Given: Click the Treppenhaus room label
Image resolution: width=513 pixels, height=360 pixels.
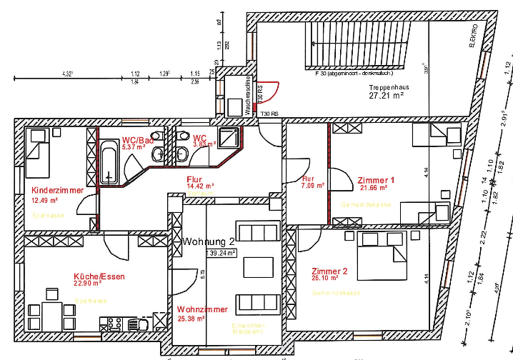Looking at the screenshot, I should click(x=389, y=86).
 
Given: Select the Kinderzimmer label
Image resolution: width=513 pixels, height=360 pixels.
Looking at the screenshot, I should click(x=57, y=191).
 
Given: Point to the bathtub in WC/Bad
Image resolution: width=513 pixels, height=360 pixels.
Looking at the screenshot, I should click(x=109, y=161).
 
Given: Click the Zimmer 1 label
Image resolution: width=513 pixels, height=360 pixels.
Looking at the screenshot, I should click(x=376, y=180).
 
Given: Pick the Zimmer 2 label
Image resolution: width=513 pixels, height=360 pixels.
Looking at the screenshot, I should click(x=329, y=271).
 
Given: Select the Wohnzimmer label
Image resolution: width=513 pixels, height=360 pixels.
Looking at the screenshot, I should click(x=202, y=309).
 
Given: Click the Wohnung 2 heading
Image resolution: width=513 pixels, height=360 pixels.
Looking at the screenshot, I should click(x=208, y=241).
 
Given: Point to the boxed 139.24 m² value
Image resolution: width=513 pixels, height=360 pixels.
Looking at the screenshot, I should click(x=221, y=253).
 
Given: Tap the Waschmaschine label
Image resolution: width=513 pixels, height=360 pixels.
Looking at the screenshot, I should click(x=248, y=96).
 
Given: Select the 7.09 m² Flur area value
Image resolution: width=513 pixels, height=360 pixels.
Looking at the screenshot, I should click(x=313, y=186).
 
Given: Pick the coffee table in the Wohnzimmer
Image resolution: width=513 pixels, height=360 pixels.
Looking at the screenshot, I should click(x=258, y=266).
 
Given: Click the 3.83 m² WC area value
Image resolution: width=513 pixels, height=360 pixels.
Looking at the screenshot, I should click(x=204, y=144).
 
